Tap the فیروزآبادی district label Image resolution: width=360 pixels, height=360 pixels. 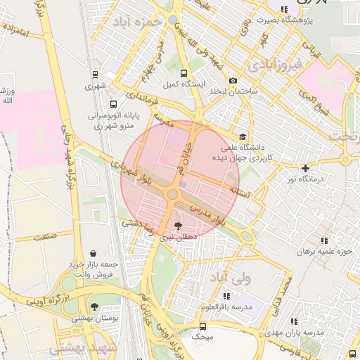coord(275,65)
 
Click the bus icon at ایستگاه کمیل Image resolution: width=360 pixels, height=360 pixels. coord(184,73)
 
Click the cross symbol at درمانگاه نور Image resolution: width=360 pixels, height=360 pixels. coord(305,168)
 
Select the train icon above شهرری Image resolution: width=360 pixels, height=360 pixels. coord(95,74)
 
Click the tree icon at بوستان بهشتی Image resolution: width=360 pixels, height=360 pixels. coord(94,307)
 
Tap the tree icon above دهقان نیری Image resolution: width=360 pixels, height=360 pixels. coord(177,226)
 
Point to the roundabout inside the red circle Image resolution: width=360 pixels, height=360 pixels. coord(172,193)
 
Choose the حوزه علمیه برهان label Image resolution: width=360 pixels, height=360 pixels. coord(323,251)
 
